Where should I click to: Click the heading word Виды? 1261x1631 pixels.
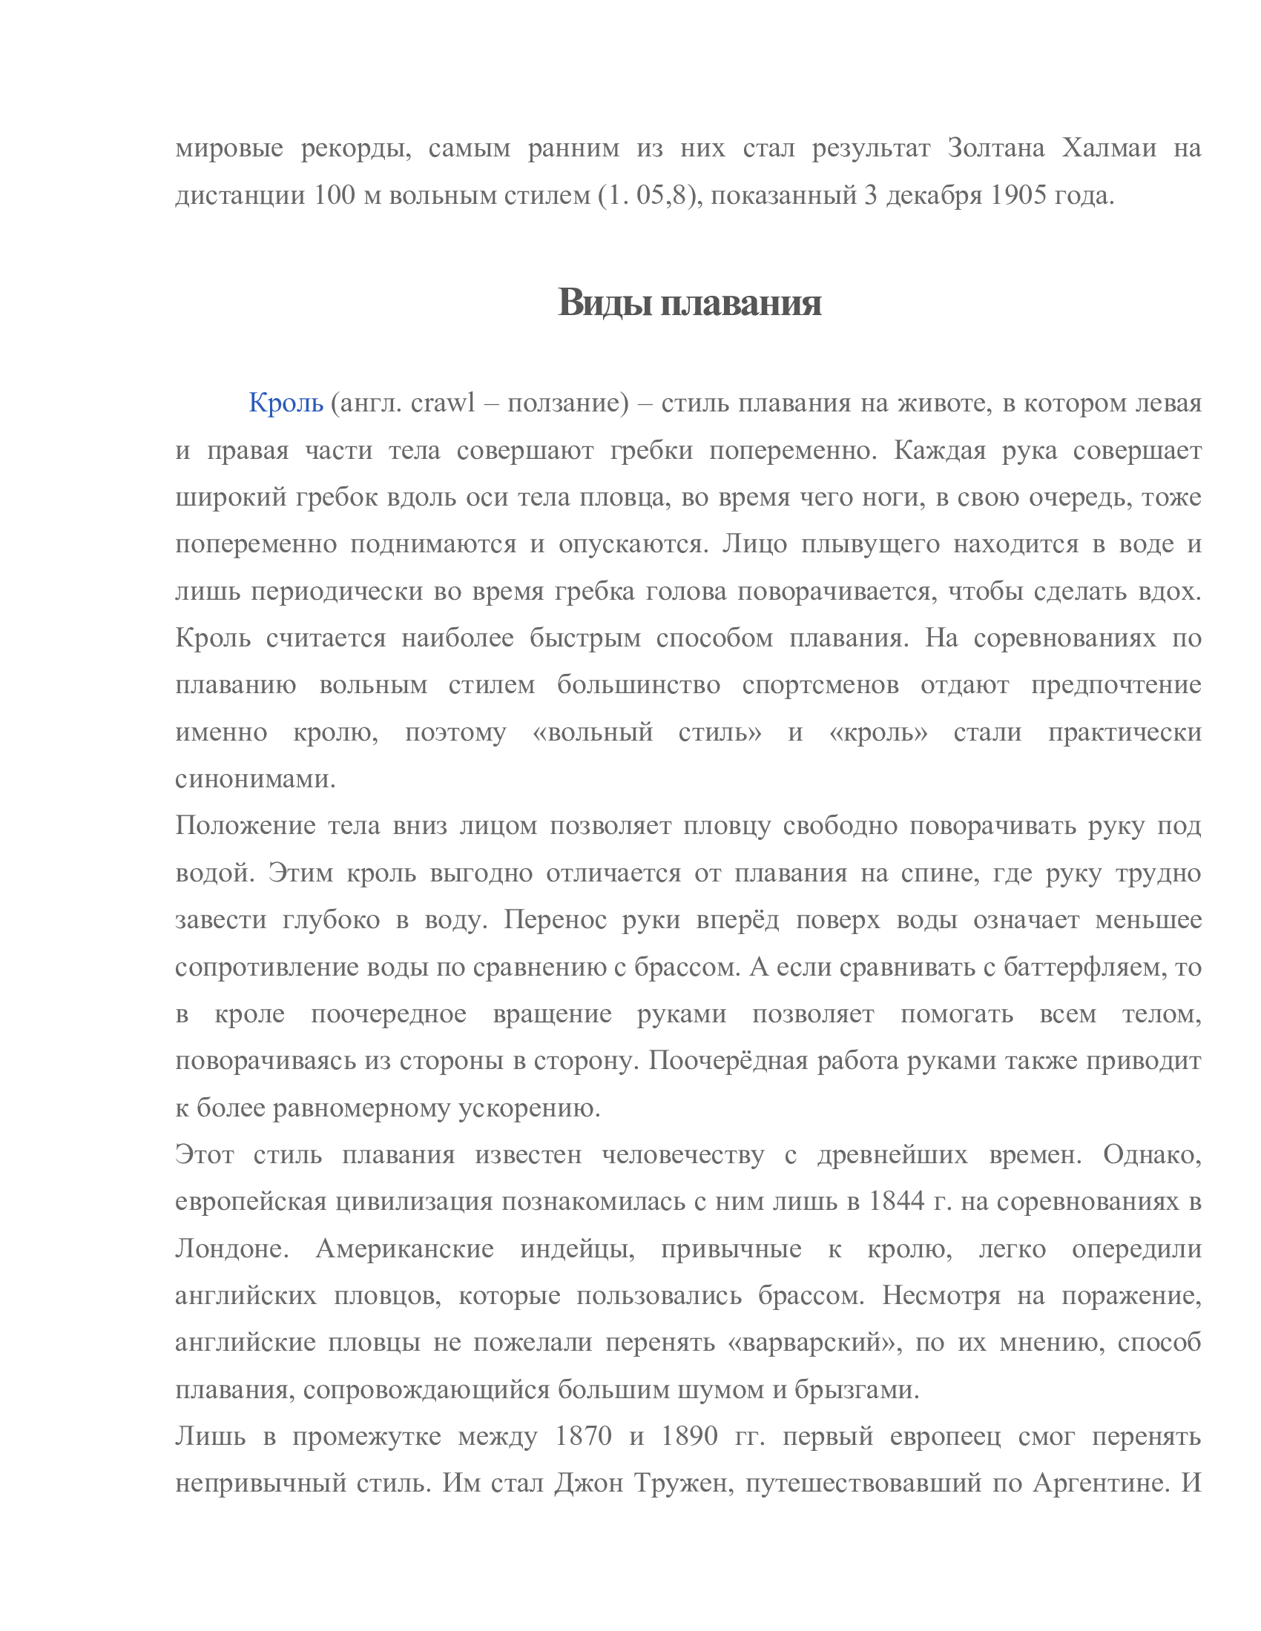(606, 302)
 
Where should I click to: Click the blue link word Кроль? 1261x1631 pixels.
(286, 403)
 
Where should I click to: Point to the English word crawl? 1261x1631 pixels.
(443, 403)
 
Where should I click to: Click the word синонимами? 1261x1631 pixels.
(255, 778)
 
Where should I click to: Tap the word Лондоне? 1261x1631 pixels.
(232, 1248)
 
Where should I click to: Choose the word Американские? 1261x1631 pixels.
(405, 1248)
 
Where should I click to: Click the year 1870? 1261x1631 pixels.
(584, 1435)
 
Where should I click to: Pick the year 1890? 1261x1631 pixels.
(690, 1435)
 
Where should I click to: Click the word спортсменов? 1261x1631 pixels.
(820, 684)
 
